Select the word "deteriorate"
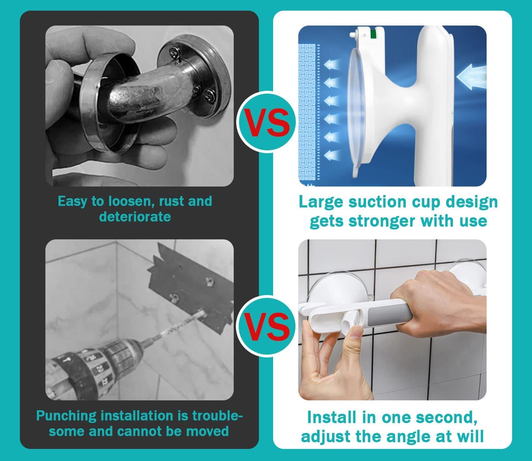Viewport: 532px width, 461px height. pyautogui.click(x=135, y=216)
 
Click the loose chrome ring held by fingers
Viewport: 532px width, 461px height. pyautogui.click(x=106, y=106)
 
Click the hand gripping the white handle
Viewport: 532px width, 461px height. pyautogui.click(x=440, y=301)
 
